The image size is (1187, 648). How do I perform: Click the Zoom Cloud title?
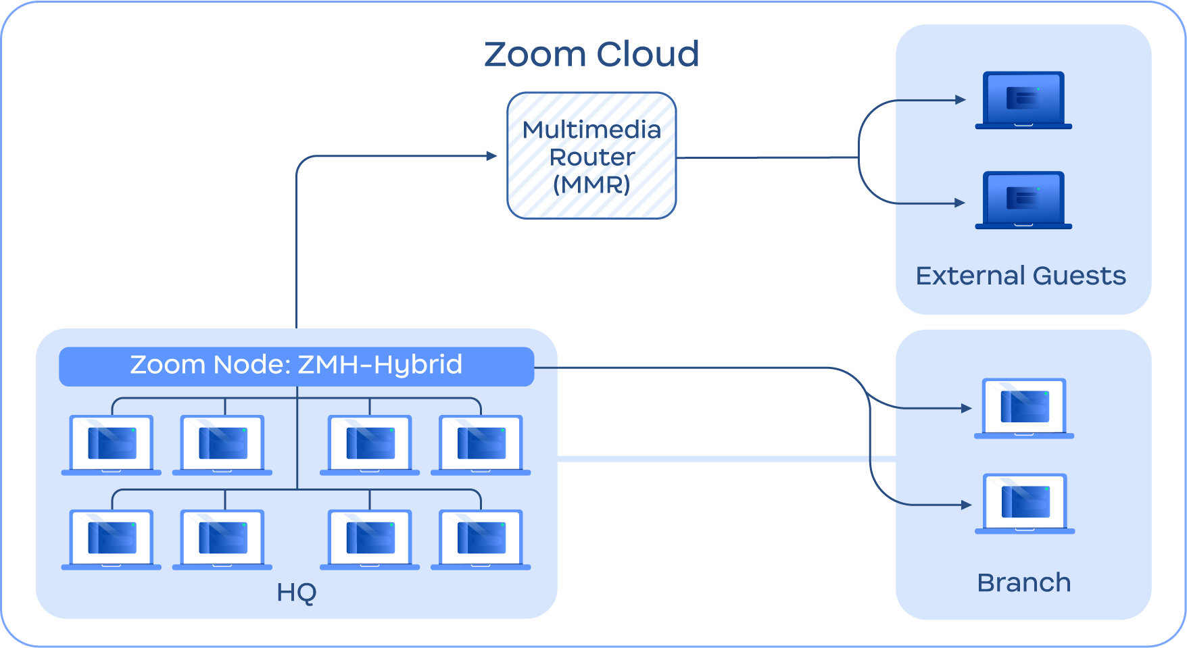591,54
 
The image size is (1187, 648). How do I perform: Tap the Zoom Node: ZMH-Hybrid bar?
296,366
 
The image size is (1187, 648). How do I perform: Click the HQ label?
296,593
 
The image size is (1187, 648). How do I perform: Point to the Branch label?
1023,582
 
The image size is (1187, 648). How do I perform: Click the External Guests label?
1021,276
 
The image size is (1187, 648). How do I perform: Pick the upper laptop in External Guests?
1023,100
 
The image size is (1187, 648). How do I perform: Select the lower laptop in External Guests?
1023,200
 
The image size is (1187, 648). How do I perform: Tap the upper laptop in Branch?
1024,408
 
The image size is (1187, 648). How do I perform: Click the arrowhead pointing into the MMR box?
492,156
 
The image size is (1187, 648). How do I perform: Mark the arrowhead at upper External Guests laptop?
961,100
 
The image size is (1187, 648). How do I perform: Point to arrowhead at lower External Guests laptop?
960,203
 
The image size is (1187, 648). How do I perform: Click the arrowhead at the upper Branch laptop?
967,408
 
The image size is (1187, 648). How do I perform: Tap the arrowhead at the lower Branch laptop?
967,505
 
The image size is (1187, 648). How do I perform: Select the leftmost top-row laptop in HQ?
112,445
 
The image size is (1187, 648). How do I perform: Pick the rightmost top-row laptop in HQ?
481,445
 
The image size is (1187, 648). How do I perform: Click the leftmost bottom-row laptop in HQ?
112,539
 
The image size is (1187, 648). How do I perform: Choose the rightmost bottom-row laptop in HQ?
481,539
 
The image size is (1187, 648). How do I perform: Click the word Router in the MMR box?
591,157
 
